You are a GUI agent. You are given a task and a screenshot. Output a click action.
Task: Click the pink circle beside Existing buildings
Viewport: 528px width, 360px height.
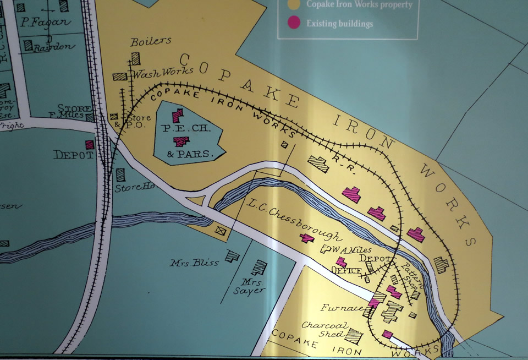(x=295, y=23)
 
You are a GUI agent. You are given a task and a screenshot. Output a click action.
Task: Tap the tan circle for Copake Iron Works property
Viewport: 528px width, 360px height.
(x=295, y=4)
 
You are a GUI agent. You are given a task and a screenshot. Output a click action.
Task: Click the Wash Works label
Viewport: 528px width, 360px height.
(x=163, y=72)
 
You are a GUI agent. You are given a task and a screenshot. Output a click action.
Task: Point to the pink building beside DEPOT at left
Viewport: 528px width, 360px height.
(x=90, y=144)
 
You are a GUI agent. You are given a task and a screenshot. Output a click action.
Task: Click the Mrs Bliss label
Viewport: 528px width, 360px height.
(x=194, y=263)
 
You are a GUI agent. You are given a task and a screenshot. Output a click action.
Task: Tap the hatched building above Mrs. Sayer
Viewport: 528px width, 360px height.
(x=258, y=268)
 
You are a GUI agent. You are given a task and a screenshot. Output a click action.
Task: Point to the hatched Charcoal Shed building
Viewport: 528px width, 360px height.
(x=354, y=335)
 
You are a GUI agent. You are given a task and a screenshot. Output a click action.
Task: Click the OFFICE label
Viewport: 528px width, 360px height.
(x=346, y=270)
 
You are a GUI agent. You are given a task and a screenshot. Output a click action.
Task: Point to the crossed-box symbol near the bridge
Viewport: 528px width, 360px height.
(x=221, y=231)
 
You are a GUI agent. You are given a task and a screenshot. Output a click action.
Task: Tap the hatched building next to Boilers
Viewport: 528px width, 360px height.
(x=135, y=58)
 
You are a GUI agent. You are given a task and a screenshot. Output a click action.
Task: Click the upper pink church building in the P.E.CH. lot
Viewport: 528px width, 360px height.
(x=177, y=116)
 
